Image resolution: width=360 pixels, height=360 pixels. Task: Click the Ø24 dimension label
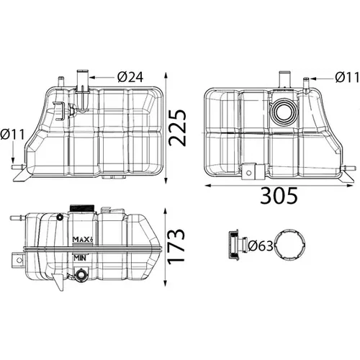tap(130, 77)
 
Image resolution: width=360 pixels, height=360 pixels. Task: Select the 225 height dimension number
tap(177, 128)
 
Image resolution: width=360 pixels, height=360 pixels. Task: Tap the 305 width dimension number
tap(279, 196)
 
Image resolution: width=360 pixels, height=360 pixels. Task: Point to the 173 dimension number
tap(176, 246)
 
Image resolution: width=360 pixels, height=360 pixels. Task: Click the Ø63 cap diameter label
tap(261, 246)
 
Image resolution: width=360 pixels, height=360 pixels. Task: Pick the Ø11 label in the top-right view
tap(347, 78)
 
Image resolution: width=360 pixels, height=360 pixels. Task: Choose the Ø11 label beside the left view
tap(12, 135)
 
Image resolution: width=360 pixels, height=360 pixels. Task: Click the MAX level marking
tap(82, 239)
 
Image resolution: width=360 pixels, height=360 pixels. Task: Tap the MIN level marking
tap(80, 258)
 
